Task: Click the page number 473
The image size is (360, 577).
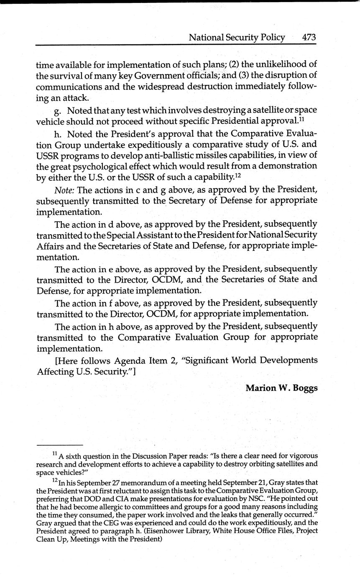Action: pos(309,37)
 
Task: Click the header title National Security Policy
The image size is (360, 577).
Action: pos(237,37)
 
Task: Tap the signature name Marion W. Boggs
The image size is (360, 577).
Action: pos(281,388)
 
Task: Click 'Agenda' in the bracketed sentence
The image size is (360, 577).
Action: pos(130,360)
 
